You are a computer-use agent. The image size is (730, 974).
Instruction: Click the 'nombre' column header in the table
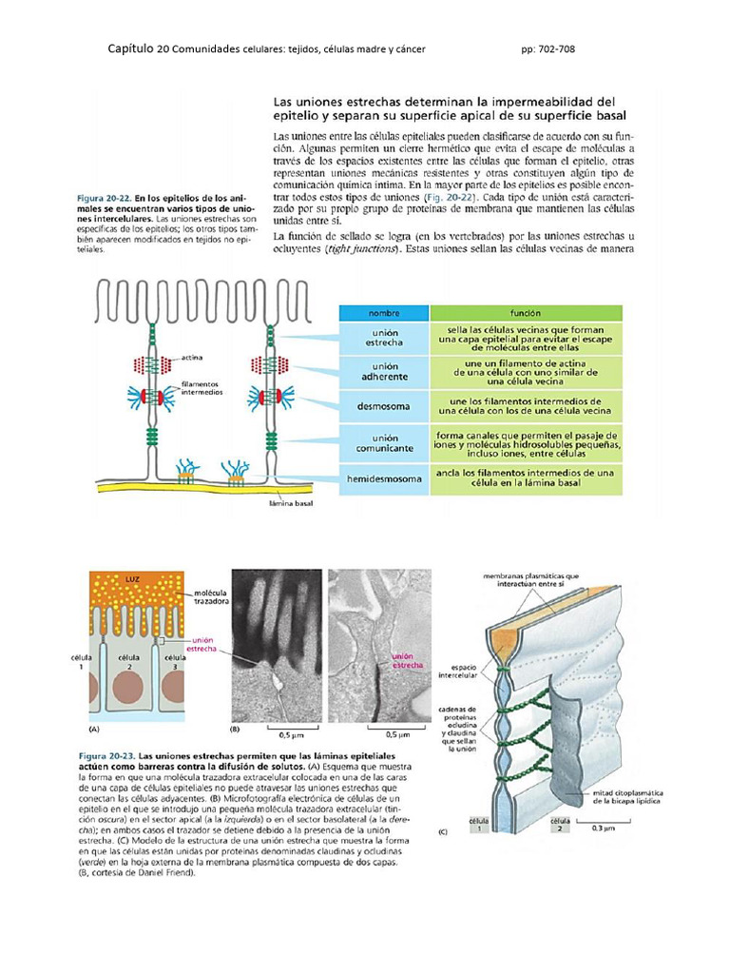(x=385, y=312)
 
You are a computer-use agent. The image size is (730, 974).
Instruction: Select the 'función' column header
(x=526, y=312)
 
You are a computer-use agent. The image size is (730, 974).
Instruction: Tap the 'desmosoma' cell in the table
(x=385, y=406)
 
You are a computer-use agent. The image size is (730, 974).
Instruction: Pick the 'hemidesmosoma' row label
(x=385, y=478)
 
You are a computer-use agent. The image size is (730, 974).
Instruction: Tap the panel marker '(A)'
(x=93, y=729)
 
